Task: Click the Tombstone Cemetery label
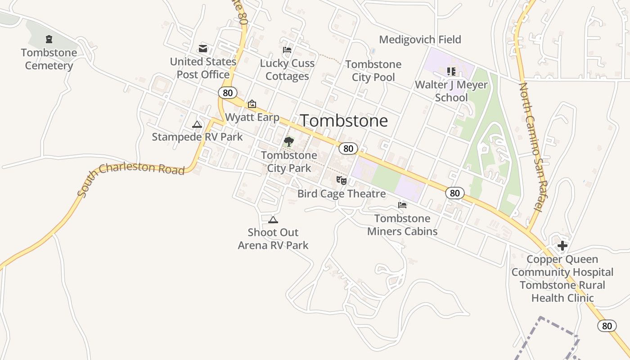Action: [x=49, y=59]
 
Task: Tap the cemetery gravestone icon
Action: [x=49, y=40]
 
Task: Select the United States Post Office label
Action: [x=203, y=68]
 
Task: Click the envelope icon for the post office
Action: [x=203, y=49]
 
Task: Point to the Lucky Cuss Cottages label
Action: [x=287, y=70]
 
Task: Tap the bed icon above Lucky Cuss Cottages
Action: [x=287, y=50]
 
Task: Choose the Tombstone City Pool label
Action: [x=373, y=71]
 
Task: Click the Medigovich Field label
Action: [x=420, y=40]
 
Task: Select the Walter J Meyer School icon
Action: [x=451, y=71]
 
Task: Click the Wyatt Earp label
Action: [x=252, y=117]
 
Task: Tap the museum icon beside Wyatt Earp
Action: [x=252, y=104]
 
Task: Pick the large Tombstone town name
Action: [x=344, y=121]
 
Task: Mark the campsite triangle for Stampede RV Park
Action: [x=197, y=124]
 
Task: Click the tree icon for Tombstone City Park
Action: [x=288, y=142]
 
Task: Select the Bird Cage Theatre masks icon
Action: [x=342, y=180]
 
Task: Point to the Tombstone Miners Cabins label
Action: [x=402, y=225]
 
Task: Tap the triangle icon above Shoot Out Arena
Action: [x=273, y=220]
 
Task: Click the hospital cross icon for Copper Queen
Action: [x=562, y=246]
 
